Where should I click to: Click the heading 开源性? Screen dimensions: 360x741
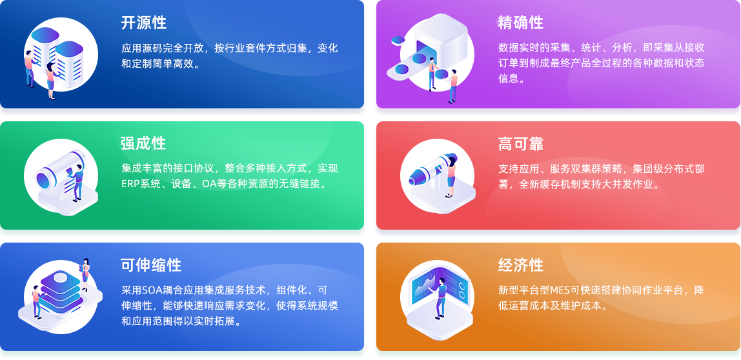coord(143,23)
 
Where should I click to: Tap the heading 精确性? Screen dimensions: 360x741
coord(520,23)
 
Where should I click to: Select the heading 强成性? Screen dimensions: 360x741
coord(143,143)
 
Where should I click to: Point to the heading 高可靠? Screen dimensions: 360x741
coord(520,143)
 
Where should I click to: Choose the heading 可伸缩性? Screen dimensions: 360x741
coord(151,265)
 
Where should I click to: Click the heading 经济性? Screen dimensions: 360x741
coord(520,265)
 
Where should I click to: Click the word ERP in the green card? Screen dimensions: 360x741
coord(130,184)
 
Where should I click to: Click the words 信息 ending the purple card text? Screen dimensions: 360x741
coord(509,79)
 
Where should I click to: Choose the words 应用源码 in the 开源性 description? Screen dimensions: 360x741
coord(142,48)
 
